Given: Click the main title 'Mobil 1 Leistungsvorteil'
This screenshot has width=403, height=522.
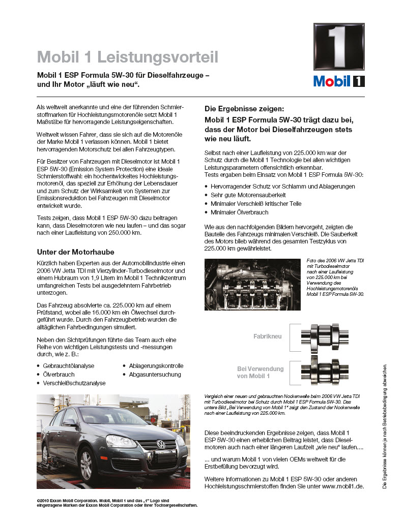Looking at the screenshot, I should click(128, 57).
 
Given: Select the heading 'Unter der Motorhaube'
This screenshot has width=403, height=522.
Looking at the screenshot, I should click(76, 252).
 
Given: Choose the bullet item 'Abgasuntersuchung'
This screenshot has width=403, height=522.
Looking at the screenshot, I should click(155, 375).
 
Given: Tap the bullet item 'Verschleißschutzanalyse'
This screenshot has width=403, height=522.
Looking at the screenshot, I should click(74, 383).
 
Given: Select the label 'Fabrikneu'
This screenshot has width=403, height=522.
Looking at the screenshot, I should click(268, 336).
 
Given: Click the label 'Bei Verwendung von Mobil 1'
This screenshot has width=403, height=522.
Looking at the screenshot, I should click(253, 373).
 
